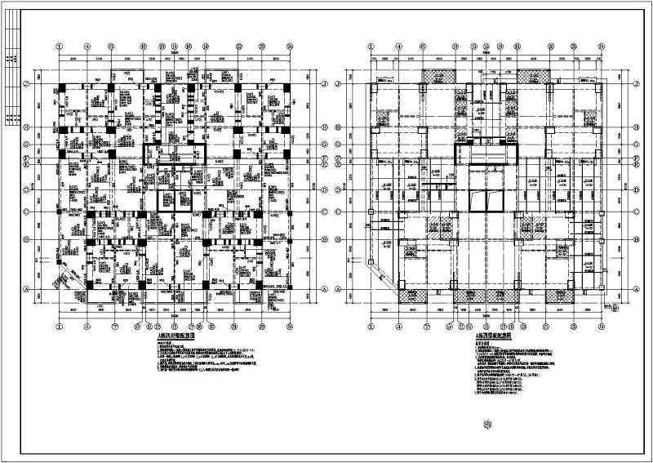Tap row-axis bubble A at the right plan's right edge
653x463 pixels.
point(640,289)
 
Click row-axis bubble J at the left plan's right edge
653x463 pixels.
point(325,85)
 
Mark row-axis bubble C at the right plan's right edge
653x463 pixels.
point(640,212)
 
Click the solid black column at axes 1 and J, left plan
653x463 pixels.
point(63,86)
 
